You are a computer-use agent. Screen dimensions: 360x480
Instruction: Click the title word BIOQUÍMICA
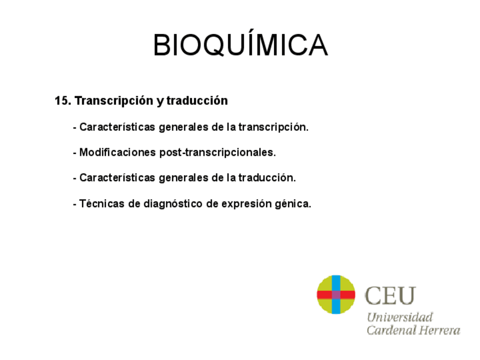click(240, 45)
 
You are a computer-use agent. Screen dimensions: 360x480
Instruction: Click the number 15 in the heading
click(61, 101)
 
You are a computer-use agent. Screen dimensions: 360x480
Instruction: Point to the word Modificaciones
click(118, 153)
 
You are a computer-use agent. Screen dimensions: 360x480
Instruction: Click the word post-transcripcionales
click(218, 153)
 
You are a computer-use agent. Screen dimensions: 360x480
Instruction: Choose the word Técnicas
click(102, 204)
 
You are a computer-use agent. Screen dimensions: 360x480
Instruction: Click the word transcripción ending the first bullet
click(273, 127)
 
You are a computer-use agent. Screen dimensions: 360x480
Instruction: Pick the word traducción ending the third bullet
click(267, 178)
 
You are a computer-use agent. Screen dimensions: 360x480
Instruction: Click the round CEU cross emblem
click(336, 294)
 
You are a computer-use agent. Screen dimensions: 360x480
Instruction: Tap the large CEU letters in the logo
click(391, 295)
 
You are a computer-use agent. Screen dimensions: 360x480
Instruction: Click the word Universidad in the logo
click(400, 317)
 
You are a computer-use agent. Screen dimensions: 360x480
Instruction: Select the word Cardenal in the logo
click(391, 330)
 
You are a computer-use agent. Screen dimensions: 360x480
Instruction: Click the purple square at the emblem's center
click(336, 294)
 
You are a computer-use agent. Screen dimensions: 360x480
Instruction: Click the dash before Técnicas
click(75, 204)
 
